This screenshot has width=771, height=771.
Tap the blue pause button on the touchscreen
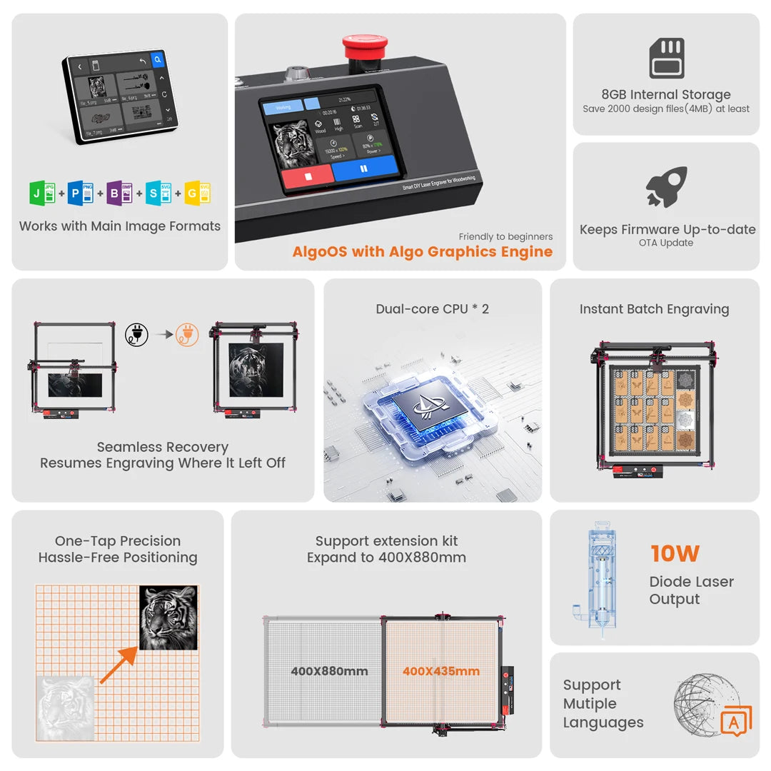click(x=364, y=169)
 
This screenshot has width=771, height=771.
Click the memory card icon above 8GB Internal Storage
click(x=666, y=59)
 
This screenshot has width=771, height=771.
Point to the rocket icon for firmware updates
click(x=666, y=187)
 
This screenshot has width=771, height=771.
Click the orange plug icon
click(x=187, y=334)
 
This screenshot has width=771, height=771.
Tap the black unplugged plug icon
click(x=136, y=334)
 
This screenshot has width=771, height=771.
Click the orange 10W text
click(x=675, y=553)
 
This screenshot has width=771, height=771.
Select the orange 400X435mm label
click(x=440, y=671)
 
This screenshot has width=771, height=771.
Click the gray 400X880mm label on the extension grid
click(x=329, y=671)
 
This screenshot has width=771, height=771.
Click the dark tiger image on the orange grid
click(x=168, y=618)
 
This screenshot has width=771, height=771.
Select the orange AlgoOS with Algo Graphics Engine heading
click(x=422, y=251)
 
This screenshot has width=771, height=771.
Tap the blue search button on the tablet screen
click(x=158, y=61)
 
